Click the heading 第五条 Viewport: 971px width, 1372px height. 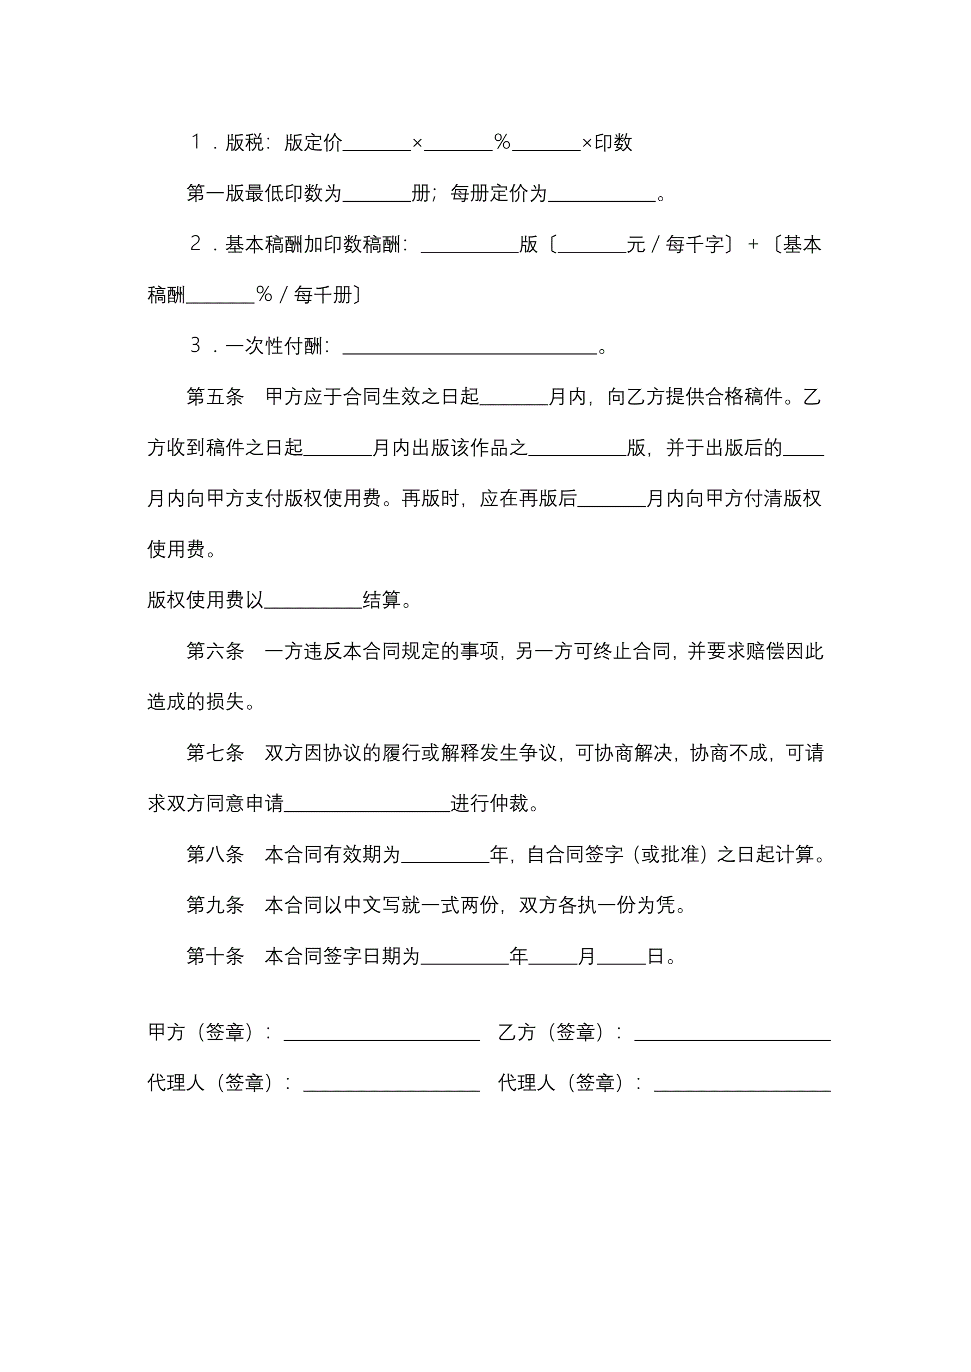[x=215, y=397]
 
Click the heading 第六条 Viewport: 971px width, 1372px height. [x=215, y=651]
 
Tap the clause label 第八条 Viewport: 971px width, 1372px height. [x=215, y=854]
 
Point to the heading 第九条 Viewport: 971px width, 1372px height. [x=215, y=905]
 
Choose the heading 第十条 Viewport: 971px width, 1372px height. [x=215, y=955]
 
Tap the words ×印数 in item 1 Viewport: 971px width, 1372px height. [x=607, y=143]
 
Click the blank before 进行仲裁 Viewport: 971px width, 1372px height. [x=367, y=804]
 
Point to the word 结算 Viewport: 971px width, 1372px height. [x=381, y=600]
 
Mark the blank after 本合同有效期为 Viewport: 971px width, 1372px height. [x=445, y=856]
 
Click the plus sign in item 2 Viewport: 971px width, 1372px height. [x=753, y=244]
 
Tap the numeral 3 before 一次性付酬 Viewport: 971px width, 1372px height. [x=195, y=345]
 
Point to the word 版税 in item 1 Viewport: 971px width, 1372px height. [x=245, y=143]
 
